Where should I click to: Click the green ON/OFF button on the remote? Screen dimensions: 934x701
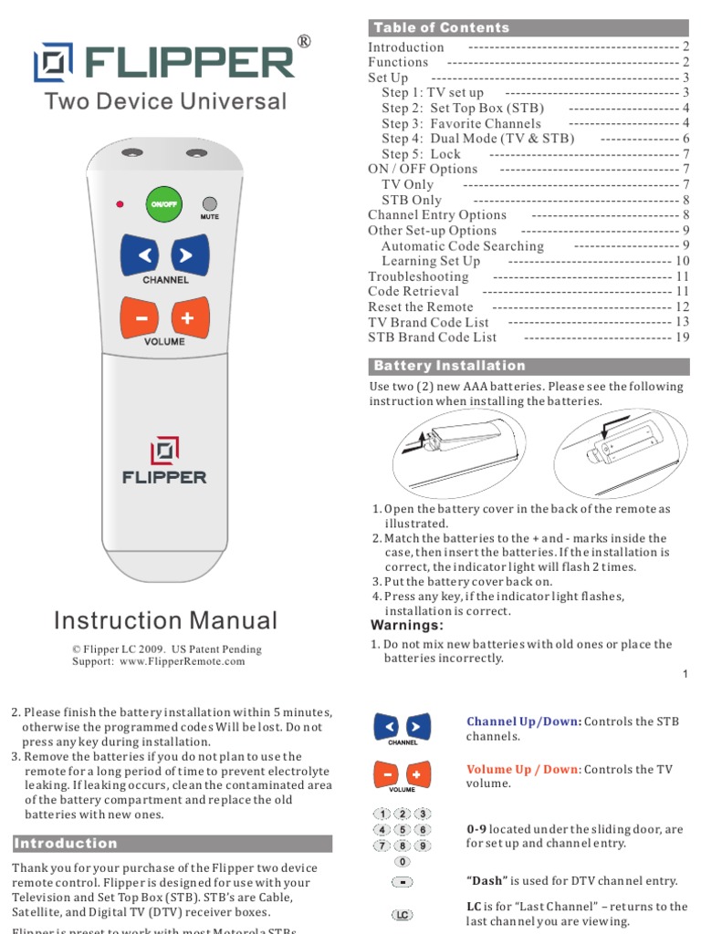[x=164, y=204]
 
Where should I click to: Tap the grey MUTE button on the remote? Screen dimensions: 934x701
[x=209, y=203]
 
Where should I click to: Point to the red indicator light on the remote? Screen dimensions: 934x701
[x=120, y=203]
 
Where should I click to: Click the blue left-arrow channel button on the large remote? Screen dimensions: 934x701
[x=142, y=255]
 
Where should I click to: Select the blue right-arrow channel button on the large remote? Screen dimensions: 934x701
[x=186, y=255]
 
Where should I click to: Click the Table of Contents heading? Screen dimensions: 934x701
[x=442, y=28]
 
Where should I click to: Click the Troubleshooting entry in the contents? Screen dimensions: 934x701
[x=418, y=276]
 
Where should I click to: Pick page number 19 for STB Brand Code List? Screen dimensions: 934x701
[x=682, y=337]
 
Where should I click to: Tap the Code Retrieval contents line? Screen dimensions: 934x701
[x=413, y=292]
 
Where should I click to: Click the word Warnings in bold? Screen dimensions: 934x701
[x=407, y=626]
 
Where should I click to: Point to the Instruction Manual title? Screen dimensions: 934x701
[x=165, y=621]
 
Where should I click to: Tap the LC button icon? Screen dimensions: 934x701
[x=402, y=914]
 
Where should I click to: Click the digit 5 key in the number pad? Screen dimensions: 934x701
[x=402, y=829]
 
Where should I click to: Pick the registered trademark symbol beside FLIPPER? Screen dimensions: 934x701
[x=304, y=42]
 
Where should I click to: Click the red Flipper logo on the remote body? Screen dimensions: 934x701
[x=164, y=450]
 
